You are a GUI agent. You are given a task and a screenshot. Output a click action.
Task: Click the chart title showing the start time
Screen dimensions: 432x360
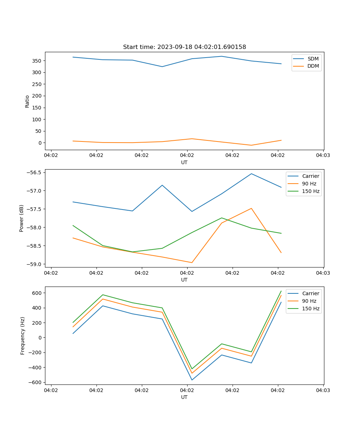[184, 47]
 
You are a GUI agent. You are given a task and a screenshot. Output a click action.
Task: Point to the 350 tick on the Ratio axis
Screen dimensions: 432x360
[37, 60]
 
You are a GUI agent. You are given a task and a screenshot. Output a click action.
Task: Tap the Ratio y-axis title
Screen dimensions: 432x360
[27, 101]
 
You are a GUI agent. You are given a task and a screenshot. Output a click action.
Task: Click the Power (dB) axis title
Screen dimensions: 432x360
[22, 218]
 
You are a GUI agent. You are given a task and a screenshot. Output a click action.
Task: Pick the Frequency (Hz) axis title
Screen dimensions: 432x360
[22, 336]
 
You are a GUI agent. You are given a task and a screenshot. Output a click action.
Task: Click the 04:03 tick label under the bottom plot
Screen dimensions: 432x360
[323, 390]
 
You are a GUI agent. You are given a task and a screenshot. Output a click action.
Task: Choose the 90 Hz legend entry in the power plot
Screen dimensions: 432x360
[311, 184]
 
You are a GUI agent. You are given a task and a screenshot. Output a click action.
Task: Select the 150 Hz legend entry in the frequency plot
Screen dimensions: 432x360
[311, 309]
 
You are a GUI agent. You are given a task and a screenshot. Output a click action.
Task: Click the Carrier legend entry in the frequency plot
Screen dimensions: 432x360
[310, 293]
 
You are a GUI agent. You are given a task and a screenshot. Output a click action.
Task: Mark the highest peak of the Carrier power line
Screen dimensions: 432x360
[251, 174]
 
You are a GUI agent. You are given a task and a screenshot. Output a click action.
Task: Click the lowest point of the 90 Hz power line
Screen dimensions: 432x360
[192, 262]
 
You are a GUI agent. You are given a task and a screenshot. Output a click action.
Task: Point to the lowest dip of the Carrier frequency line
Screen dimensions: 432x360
[192, 380]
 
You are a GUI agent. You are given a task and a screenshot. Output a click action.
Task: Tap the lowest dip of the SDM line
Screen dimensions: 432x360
[162, 67]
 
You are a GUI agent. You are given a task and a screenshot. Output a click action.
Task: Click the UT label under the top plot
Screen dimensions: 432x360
[184, 162]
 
